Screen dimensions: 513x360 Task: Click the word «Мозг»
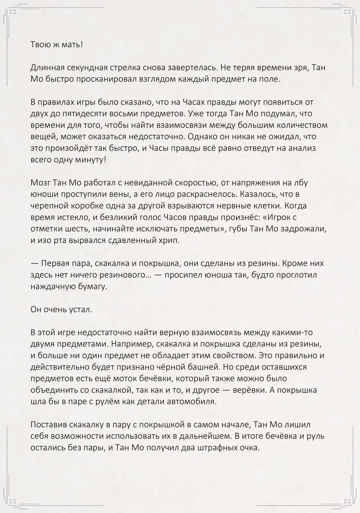(x=40, y=183)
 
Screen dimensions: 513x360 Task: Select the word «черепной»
(x=47, y=206)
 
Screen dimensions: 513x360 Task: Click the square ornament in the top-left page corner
(x=13, y=12)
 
